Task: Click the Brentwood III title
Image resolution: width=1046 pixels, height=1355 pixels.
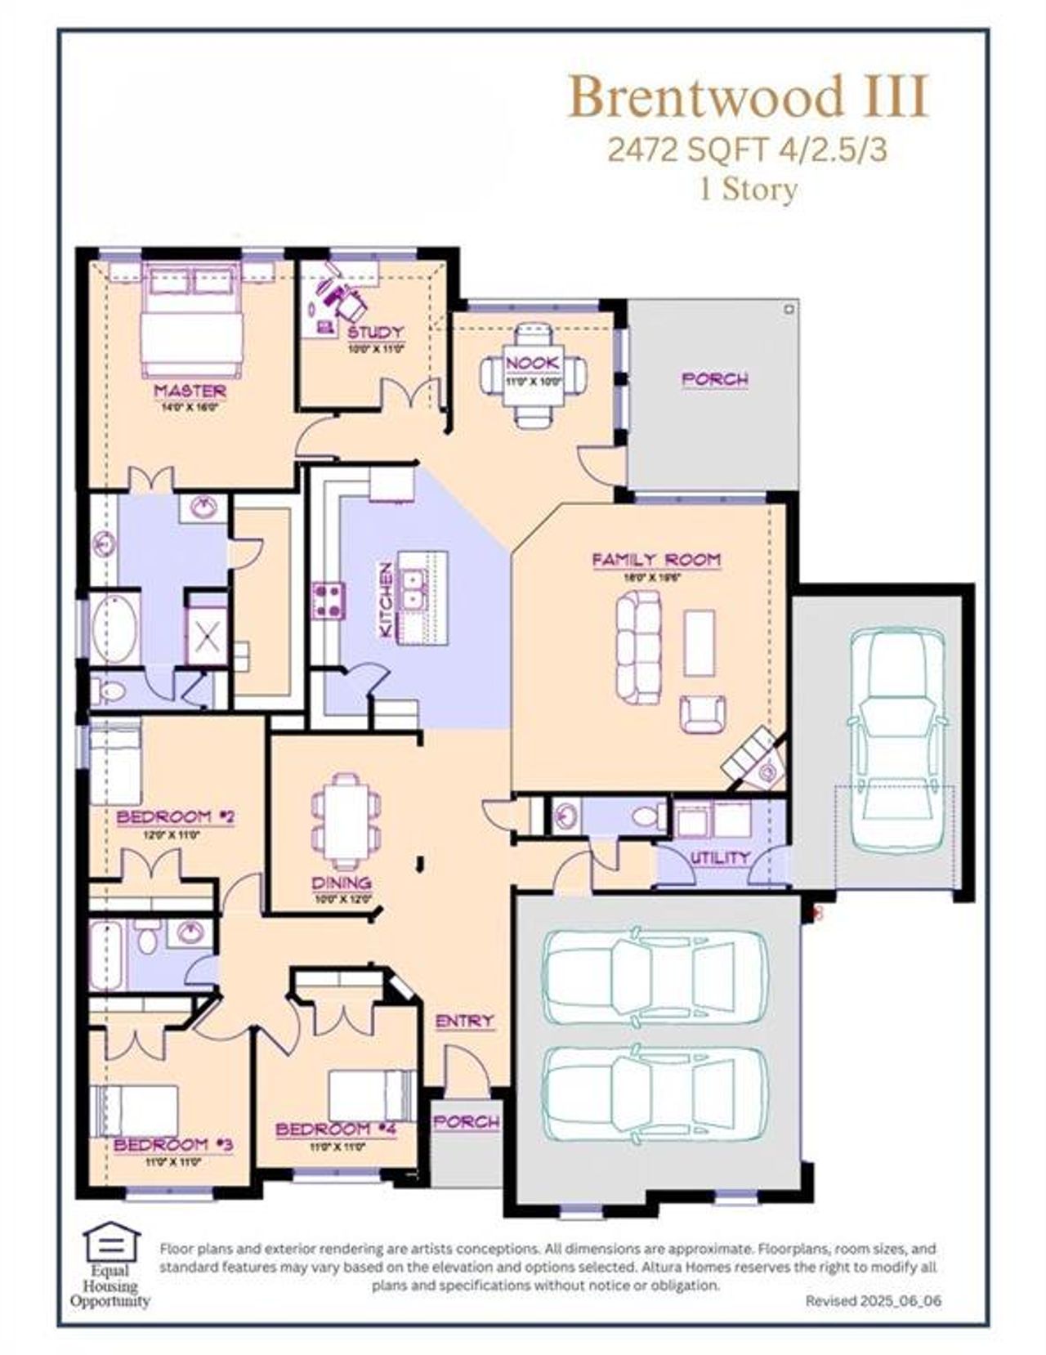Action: [749, 97]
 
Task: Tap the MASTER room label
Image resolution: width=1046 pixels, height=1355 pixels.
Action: [190, 391]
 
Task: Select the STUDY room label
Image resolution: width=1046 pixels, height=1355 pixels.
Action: [375, 332]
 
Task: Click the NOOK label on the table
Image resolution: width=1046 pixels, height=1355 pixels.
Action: [533, 362]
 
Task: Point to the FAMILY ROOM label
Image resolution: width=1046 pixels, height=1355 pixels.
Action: [656, 560]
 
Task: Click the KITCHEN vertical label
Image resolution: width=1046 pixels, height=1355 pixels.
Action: [386, 601]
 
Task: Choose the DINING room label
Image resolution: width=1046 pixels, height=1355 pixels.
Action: [342, 883]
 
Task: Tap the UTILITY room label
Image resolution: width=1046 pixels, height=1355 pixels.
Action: [720, 857]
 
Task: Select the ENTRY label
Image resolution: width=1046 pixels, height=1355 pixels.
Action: [464, 1021]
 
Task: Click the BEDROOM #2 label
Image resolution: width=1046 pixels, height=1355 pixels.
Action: [176, 816]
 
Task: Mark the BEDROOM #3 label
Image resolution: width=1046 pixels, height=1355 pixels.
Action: [173, 1144]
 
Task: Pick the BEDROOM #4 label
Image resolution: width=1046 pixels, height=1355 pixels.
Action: [336, 1129]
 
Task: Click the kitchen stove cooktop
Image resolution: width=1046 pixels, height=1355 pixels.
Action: [329, 601]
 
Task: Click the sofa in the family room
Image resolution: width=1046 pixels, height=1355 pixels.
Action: [638, 647]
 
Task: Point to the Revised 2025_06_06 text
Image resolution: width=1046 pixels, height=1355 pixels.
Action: [873, 1299]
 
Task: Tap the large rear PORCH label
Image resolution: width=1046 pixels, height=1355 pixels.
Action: [714, 379]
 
